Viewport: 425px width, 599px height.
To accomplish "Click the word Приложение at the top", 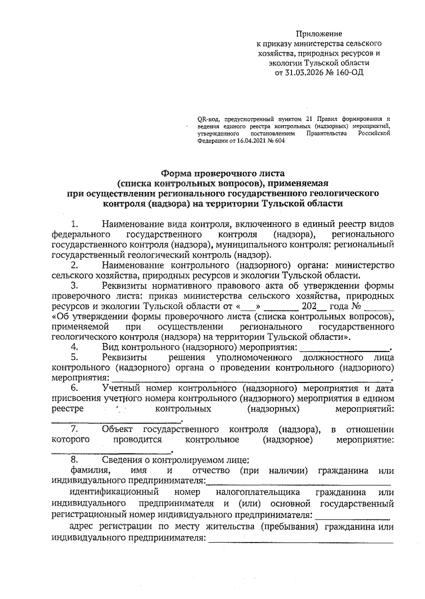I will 319,34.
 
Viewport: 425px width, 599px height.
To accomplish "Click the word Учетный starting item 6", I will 121,388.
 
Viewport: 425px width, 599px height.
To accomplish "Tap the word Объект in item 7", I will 117,429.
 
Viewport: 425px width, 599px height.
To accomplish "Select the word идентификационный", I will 114,492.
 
